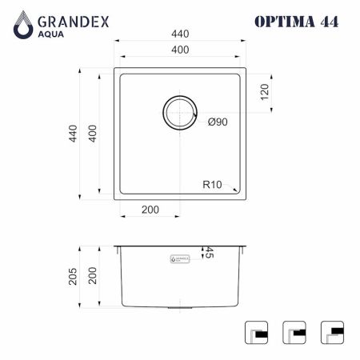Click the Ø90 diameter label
pos(218,122)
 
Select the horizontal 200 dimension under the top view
pos(150,210)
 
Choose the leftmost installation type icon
pos(255,331)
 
